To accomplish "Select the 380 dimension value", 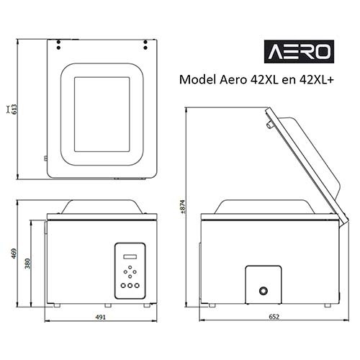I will point(28,264).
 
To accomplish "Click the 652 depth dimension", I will point(266,316).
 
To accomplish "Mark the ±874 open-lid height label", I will point(182,207).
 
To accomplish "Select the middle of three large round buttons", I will point(130,285).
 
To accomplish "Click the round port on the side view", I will point(264,289).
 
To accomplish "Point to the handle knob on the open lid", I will point(269,126).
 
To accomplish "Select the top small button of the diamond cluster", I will point(130,268).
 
